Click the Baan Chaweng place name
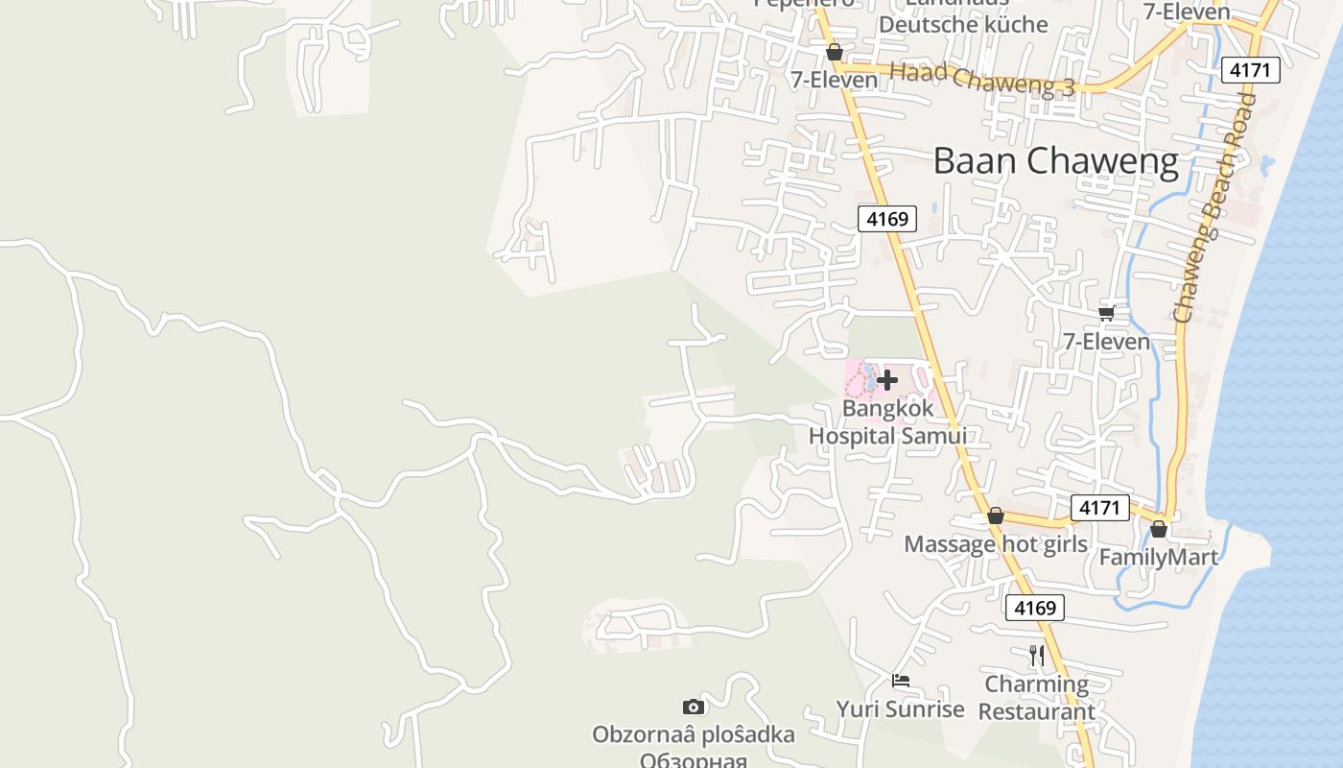pyautogui.click(x=1055, y=161)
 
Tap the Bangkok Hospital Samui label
pyautogui.click(x=887, y=422)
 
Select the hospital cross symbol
pyautogui.click(x=887, y=380)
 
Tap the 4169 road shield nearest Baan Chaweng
pyautogui.click(x=886, y=219)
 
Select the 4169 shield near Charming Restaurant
pyautogui.click(x=1034, y=608)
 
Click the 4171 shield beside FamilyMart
pyautogui.click(x=1099, y=507)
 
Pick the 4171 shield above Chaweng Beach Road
pyautogui.click(x=1251, y=70)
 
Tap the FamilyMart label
pyautogui.click(x=1158, y=557)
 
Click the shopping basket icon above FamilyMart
pyautogui.click(x=1159, y=529)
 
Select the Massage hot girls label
pyautogui.click(x=995, y=544)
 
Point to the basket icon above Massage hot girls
pyautogui.click(x=996, y=516)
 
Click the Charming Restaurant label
pyautogui.click(x=1036, y=698)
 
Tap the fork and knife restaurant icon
pyautogui.click(x=1036, y=656)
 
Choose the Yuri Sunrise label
pyautogui.click(x=900, y=709)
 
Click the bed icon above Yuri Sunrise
pyautogui.click(x=900, y=681)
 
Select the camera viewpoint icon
pyautogui.click(x=693, y=708)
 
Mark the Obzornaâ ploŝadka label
pyautogui.click(x=693, y=735)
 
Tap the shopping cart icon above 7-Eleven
pyautogui.click(x=1106, y=313)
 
